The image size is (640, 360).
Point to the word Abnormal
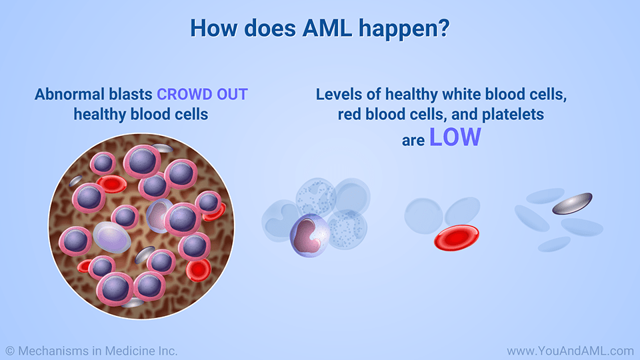(x=65, y=94)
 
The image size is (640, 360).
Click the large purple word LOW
(x=455, y=137)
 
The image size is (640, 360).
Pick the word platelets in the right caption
(x=515, y=114)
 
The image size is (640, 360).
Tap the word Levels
(x=339, y=94)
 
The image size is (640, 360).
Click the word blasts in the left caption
(x=126, y=94)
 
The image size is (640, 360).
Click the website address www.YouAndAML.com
(x=570, y=350)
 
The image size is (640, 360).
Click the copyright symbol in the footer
(x=9, y=350)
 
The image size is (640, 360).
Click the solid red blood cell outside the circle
(x=456, y=237)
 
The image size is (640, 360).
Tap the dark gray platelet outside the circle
(x=571, y=204)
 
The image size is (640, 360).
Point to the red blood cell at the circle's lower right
(x=198, y=269)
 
